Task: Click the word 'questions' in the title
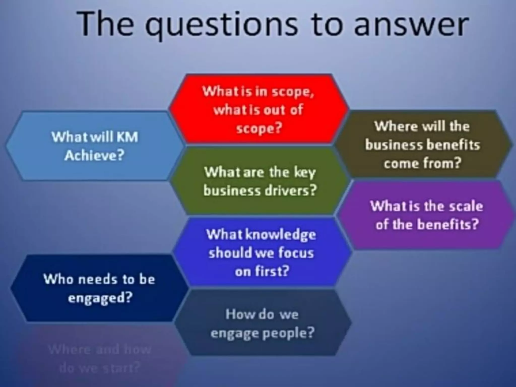point(222,25)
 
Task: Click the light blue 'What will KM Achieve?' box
point(95,146)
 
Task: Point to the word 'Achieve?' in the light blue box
point(95,155)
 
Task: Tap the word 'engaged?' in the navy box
point(100,298)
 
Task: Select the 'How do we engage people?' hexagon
point(262,324)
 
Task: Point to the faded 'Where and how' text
point(100,349)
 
